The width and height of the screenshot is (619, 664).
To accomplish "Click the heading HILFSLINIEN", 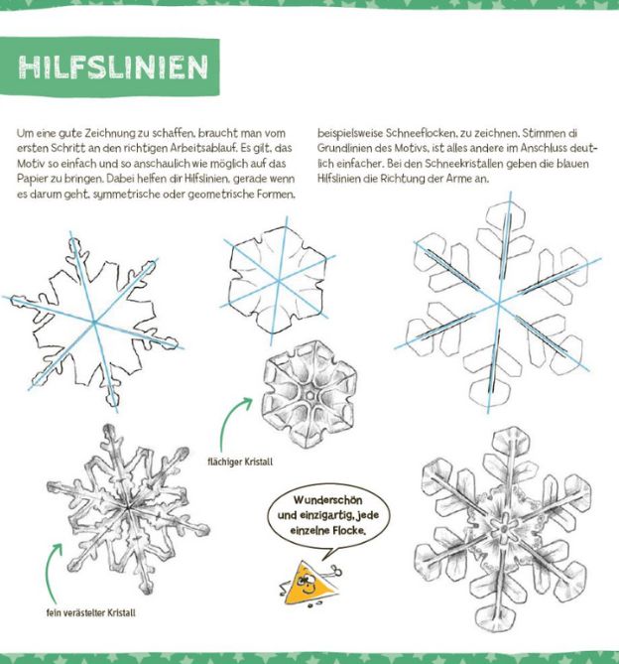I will tap(113, 66).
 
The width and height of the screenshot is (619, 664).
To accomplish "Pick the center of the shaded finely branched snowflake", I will tap(127, 506).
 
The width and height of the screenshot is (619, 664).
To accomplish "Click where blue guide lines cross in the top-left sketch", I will tap(95, 321).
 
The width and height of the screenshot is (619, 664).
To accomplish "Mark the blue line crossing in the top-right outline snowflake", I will tap(499, 296).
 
